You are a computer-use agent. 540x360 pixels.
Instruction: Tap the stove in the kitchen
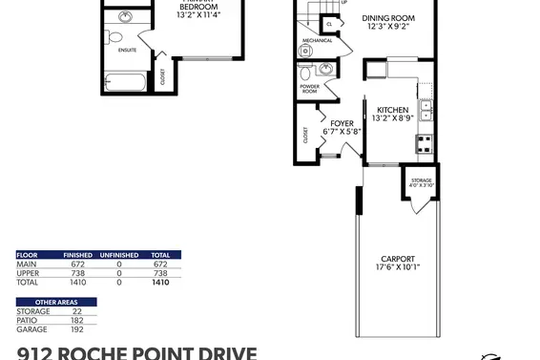tap(424, 144)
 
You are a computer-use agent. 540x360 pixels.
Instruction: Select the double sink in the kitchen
tap(426, 111)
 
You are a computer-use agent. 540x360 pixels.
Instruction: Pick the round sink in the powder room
tap(326, 68)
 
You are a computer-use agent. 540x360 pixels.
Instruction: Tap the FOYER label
tap(342, 123)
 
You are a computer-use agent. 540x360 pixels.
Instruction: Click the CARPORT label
tap(397, 258)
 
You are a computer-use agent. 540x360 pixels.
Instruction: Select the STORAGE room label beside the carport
tap(421, 180)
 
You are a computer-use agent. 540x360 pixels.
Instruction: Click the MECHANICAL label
tap(317, 41)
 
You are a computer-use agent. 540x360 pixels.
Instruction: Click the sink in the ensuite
tap(125, 17)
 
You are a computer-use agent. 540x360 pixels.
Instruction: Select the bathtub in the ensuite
tap(125, 83)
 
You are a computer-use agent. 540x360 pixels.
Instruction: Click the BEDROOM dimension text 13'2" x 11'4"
tap(198, 15)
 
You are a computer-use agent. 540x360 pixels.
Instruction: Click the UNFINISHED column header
tap(119, 255)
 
